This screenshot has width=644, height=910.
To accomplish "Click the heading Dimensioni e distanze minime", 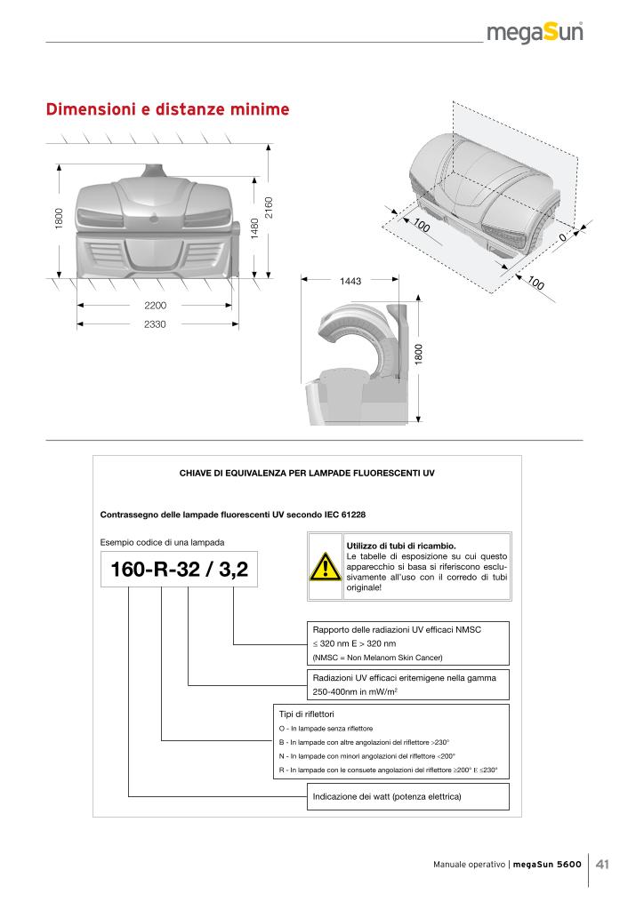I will pos(168,110).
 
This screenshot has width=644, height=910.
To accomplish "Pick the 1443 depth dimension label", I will pos(350,281).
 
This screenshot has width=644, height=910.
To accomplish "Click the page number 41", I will pos(603,864).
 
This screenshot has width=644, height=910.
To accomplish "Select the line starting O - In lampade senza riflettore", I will pos(326,729).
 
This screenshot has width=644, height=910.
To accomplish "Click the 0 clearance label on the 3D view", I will pos(562,239).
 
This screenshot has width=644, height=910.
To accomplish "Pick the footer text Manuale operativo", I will pos(470,865).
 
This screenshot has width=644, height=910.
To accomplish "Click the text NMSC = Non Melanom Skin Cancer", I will pos(377,658).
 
